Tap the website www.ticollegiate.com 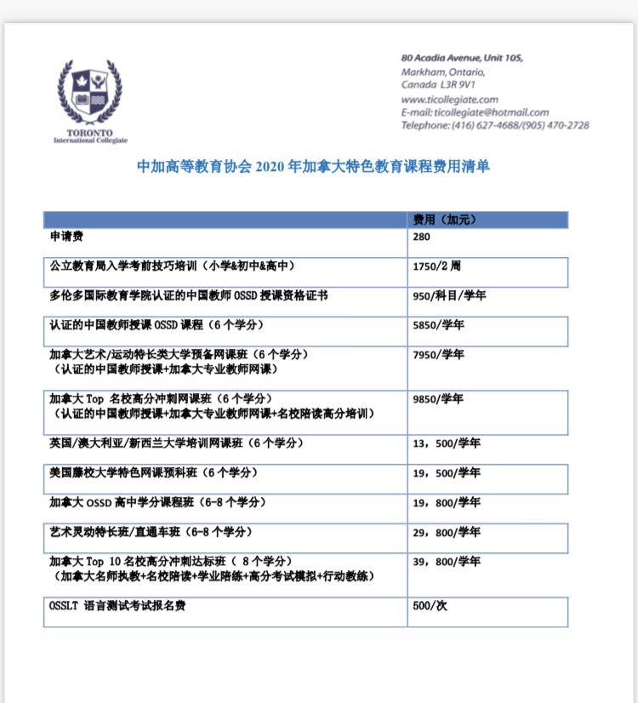click(449, 100)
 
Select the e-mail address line click(475, 112)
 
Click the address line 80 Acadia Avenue click(461, 58)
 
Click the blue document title click(313, 167)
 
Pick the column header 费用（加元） click(444, 220)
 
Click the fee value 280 click(422, 237)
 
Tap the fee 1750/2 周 click(436, 266)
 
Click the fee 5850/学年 click(438, 325)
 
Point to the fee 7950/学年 click(438, 354)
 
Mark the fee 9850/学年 click(438, 398)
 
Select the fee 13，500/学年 click(447, 443)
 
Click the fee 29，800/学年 click(447, 532)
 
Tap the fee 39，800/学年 click(447, 562)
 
